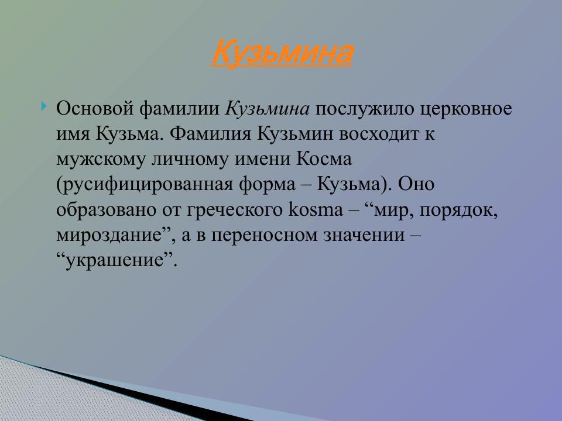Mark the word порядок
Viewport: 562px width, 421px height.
(462, 209)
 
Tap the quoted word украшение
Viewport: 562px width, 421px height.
(116, 260)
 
